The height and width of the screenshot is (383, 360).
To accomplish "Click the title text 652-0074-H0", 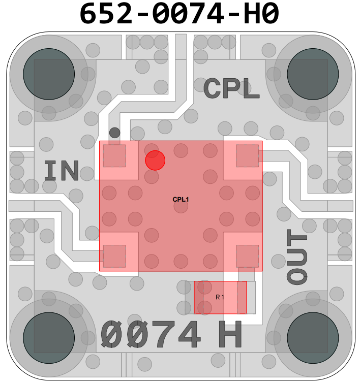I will [180, 14].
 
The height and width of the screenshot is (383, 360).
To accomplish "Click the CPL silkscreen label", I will [231, 89].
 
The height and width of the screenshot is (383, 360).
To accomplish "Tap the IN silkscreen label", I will [61, 171].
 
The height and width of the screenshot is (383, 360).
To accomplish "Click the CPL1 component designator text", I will [181, 200].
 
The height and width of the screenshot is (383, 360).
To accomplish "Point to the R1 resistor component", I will [220, 297].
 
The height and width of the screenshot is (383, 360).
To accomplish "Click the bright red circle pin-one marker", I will [155, 161].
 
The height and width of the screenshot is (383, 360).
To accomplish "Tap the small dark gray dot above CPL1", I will [115, 133].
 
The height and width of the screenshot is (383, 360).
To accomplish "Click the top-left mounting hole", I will [49, 74].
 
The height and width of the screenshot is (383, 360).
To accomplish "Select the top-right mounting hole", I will [313, 74].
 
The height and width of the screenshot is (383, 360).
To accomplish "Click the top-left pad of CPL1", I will [114, 156].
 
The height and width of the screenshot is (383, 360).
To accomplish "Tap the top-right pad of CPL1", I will [247, 156].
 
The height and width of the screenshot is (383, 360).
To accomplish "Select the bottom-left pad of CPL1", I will [114, 256].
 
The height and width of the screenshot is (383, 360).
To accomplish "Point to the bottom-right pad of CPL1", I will [247, 256].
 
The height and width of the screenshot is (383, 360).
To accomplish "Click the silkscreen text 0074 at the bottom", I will [151, 335].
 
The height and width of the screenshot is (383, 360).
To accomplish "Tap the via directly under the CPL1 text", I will [181, 207].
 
